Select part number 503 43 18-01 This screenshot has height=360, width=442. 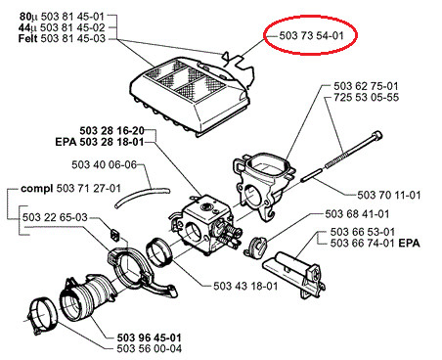pyautogui.click(x=245, y=287)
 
